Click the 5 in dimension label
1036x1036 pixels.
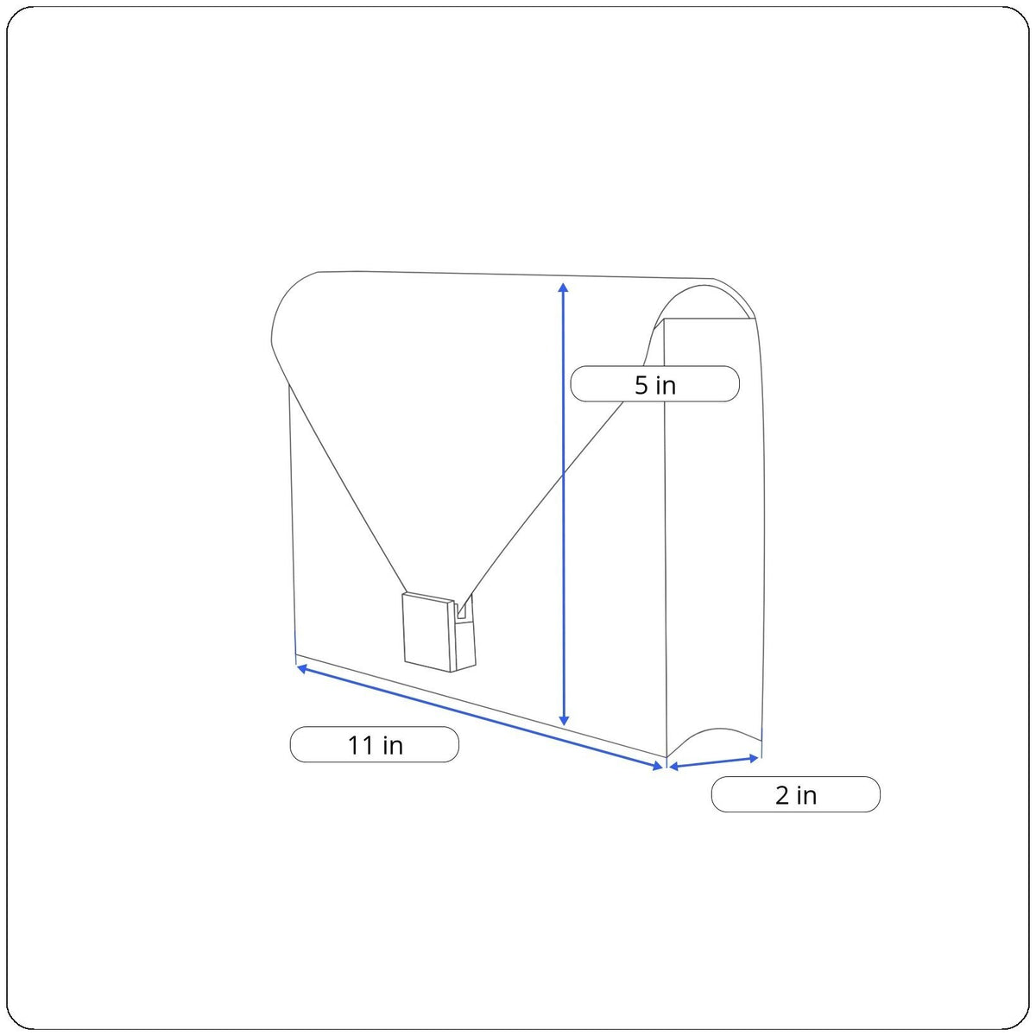pyautogui.click(x=654, y=383)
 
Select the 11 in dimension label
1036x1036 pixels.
pyautogui.click(x=375, y=744)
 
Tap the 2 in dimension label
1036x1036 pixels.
pyautogui.click(x=796, y=794)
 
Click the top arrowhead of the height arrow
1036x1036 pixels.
pyautogui.click(x=564, y=287)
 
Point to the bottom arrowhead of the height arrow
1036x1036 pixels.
pyautogui.click(x=564, y=721)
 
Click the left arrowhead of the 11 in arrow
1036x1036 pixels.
pyautogui.click(x=302, y=668)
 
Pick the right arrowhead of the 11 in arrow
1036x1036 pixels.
pyautogui.click(x=658, y=766)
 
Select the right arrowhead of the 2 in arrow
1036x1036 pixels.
pyautogui.click(x=753, y=758)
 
